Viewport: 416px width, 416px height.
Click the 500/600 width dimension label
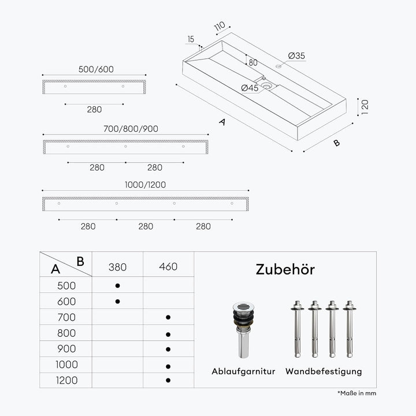[x=96, y=69]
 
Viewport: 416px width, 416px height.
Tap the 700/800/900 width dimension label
[x=131, y=129]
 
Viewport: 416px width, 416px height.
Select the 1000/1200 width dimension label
[x=146, y=185]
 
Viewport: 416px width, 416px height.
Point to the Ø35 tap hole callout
[x=296, y=55]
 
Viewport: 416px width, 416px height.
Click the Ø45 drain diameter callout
[x=250, y=88]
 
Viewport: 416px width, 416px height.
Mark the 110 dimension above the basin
[x=220, y=26]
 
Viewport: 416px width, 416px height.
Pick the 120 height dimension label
[x=365, y=107]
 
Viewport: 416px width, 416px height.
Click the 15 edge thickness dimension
[x=191, y=39]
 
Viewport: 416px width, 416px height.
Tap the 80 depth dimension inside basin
[x=253, y=62]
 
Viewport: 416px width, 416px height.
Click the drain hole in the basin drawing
[x=266, y=86]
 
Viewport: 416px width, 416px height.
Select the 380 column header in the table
[x=117, y=267]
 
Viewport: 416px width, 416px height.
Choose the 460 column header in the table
[x=168, y=266]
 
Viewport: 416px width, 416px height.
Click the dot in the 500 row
[x=117, y=286]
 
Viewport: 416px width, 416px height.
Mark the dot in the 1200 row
[x=168, y=380]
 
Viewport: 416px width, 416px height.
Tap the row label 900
[x=66, y=349]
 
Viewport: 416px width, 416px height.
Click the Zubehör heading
[x=285, y=270]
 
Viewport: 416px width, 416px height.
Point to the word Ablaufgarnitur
[x=243, y=372]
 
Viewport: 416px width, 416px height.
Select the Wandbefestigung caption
[x=324, y=372]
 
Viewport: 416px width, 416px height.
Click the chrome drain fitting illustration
[x=243, y=330]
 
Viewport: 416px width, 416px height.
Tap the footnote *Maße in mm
[x=357, y=393]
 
